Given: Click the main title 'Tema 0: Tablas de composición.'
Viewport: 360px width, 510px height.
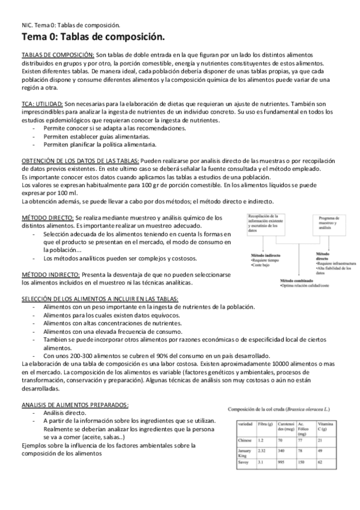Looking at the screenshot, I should pos(93,38).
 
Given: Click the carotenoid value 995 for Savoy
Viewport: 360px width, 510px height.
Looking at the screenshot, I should pos(281,478).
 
